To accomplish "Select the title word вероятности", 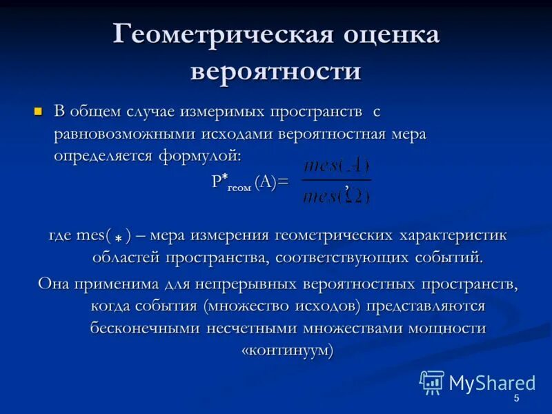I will (275, 72).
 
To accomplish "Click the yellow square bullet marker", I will (39, 110).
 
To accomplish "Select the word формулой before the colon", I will (199, 156).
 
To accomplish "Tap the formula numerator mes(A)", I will (336, 166).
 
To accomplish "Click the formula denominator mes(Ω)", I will (336, 195).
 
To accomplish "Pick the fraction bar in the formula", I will (336, 181).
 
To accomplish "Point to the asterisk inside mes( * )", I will (119, 239).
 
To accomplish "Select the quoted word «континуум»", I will (287, 350).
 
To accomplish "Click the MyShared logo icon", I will (432, 382).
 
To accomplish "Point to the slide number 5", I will (516, 400).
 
